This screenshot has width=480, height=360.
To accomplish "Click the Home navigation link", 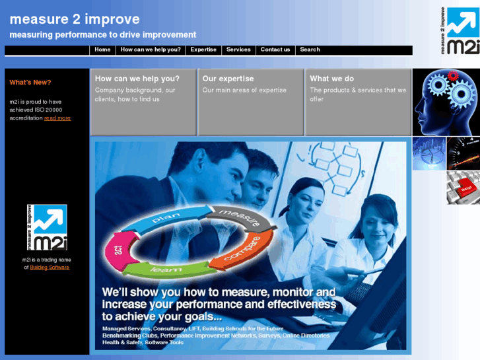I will (102, 50).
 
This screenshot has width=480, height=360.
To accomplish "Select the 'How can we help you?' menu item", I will (151, 50).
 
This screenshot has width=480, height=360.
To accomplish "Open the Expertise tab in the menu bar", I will (203, 50).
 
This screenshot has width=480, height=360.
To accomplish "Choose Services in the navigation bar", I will (238, 50).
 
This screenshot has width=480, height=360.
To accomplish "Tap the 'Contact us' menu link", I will (275, 50).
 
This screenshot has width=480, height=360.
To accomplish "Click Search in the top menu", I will (310, 50).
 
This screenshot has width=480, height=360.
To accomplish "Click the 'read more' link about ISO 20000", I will (57, 118).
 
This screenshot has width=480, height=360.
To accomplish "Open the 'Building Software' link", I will (50, 268).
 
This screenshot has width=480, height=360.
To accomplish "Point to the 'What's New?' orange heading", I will (30, 83).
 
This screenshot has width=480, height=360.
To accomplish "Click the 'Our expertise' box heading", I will (228, 79).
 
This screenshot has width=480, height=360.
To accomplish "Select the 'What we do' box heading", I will (331, 79).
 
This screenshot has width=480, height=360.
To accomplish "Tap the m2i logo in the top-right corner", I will (460, 30).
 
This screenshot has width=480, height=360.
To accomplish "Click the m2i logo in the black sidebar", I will (46, 228).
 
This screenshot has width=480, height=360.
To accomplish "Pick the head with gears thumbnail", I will (446, 102).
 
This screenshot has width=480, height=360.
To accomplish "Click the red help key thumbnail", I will (463, 187).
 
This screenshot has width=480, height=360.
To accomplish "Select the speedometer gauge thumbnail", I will (463, 153).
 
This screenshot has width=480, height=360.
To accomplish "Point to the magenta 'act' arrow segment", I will (119, 246).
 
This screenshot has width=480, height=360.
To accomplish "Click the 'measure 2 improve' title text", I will (75, 19).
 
